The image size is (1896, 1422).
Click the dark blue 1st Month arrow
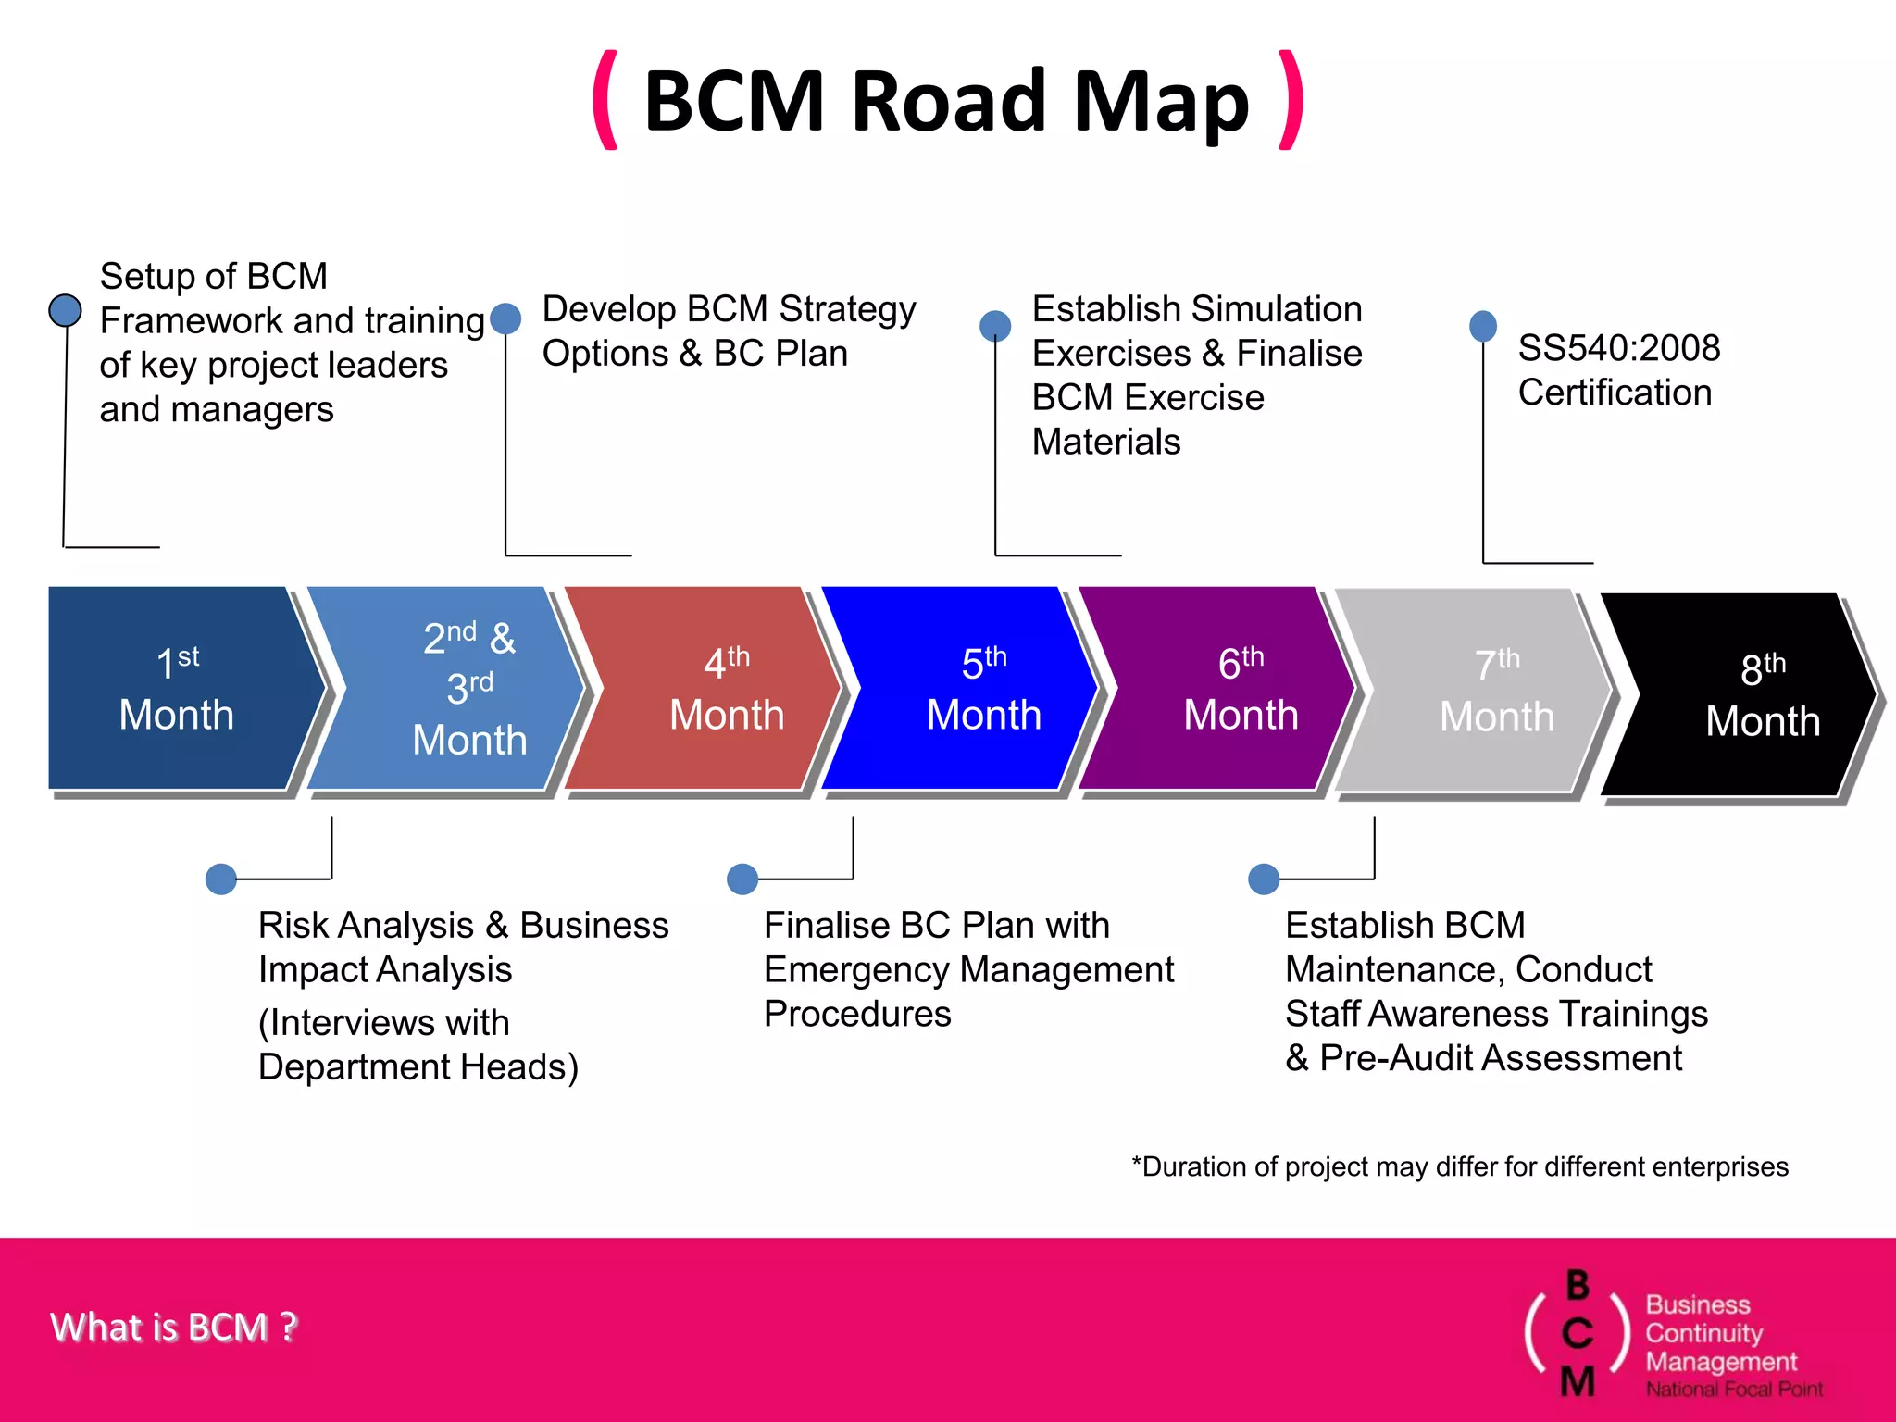[176, 689]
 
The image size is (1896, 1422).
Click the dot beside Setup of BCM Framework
[65, 310]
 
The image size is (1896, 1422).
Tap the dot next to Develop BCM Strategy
[505, 318]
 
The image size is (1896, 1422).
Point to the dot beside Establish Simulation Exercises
[995, 325]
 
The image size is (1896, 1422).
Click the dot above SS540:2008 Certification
[1483, 325]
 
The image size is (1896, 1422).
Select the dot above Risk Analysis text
[221, 879]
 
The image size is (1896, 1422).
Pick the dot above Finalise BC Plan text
[742, 879]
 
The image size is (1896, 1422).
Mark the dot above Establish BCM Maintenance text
[1264, 879]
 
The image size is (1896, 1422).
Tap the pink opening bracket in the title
[606, 100]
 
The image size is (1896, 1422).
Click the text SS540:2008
[1618, 348]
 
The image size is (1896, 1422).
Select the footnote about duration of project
[1460, 1166]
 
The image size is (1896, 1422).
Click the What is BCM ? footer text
[174, 1327]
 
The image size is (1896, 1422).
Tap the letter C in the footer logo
[1578, 1333]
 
